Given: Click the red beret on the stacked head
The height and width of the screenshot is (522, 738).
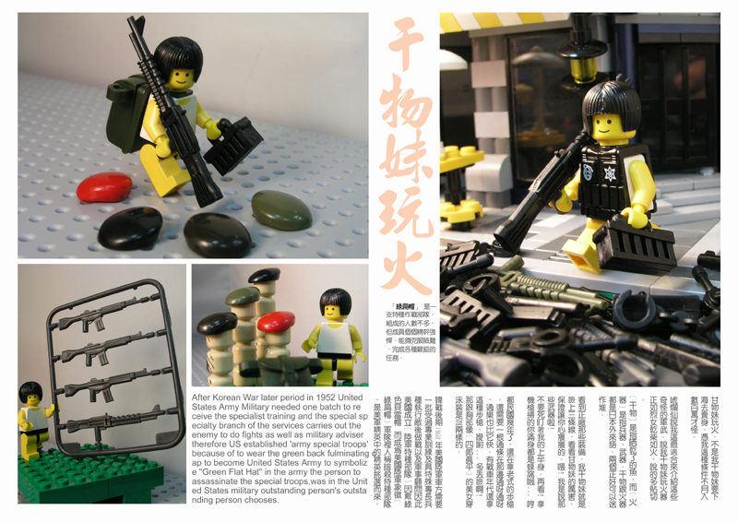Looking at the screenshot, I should click(276, 322).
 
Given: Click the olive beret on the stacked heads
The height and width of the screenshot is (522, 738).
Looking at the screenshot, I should click(243, 296).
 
